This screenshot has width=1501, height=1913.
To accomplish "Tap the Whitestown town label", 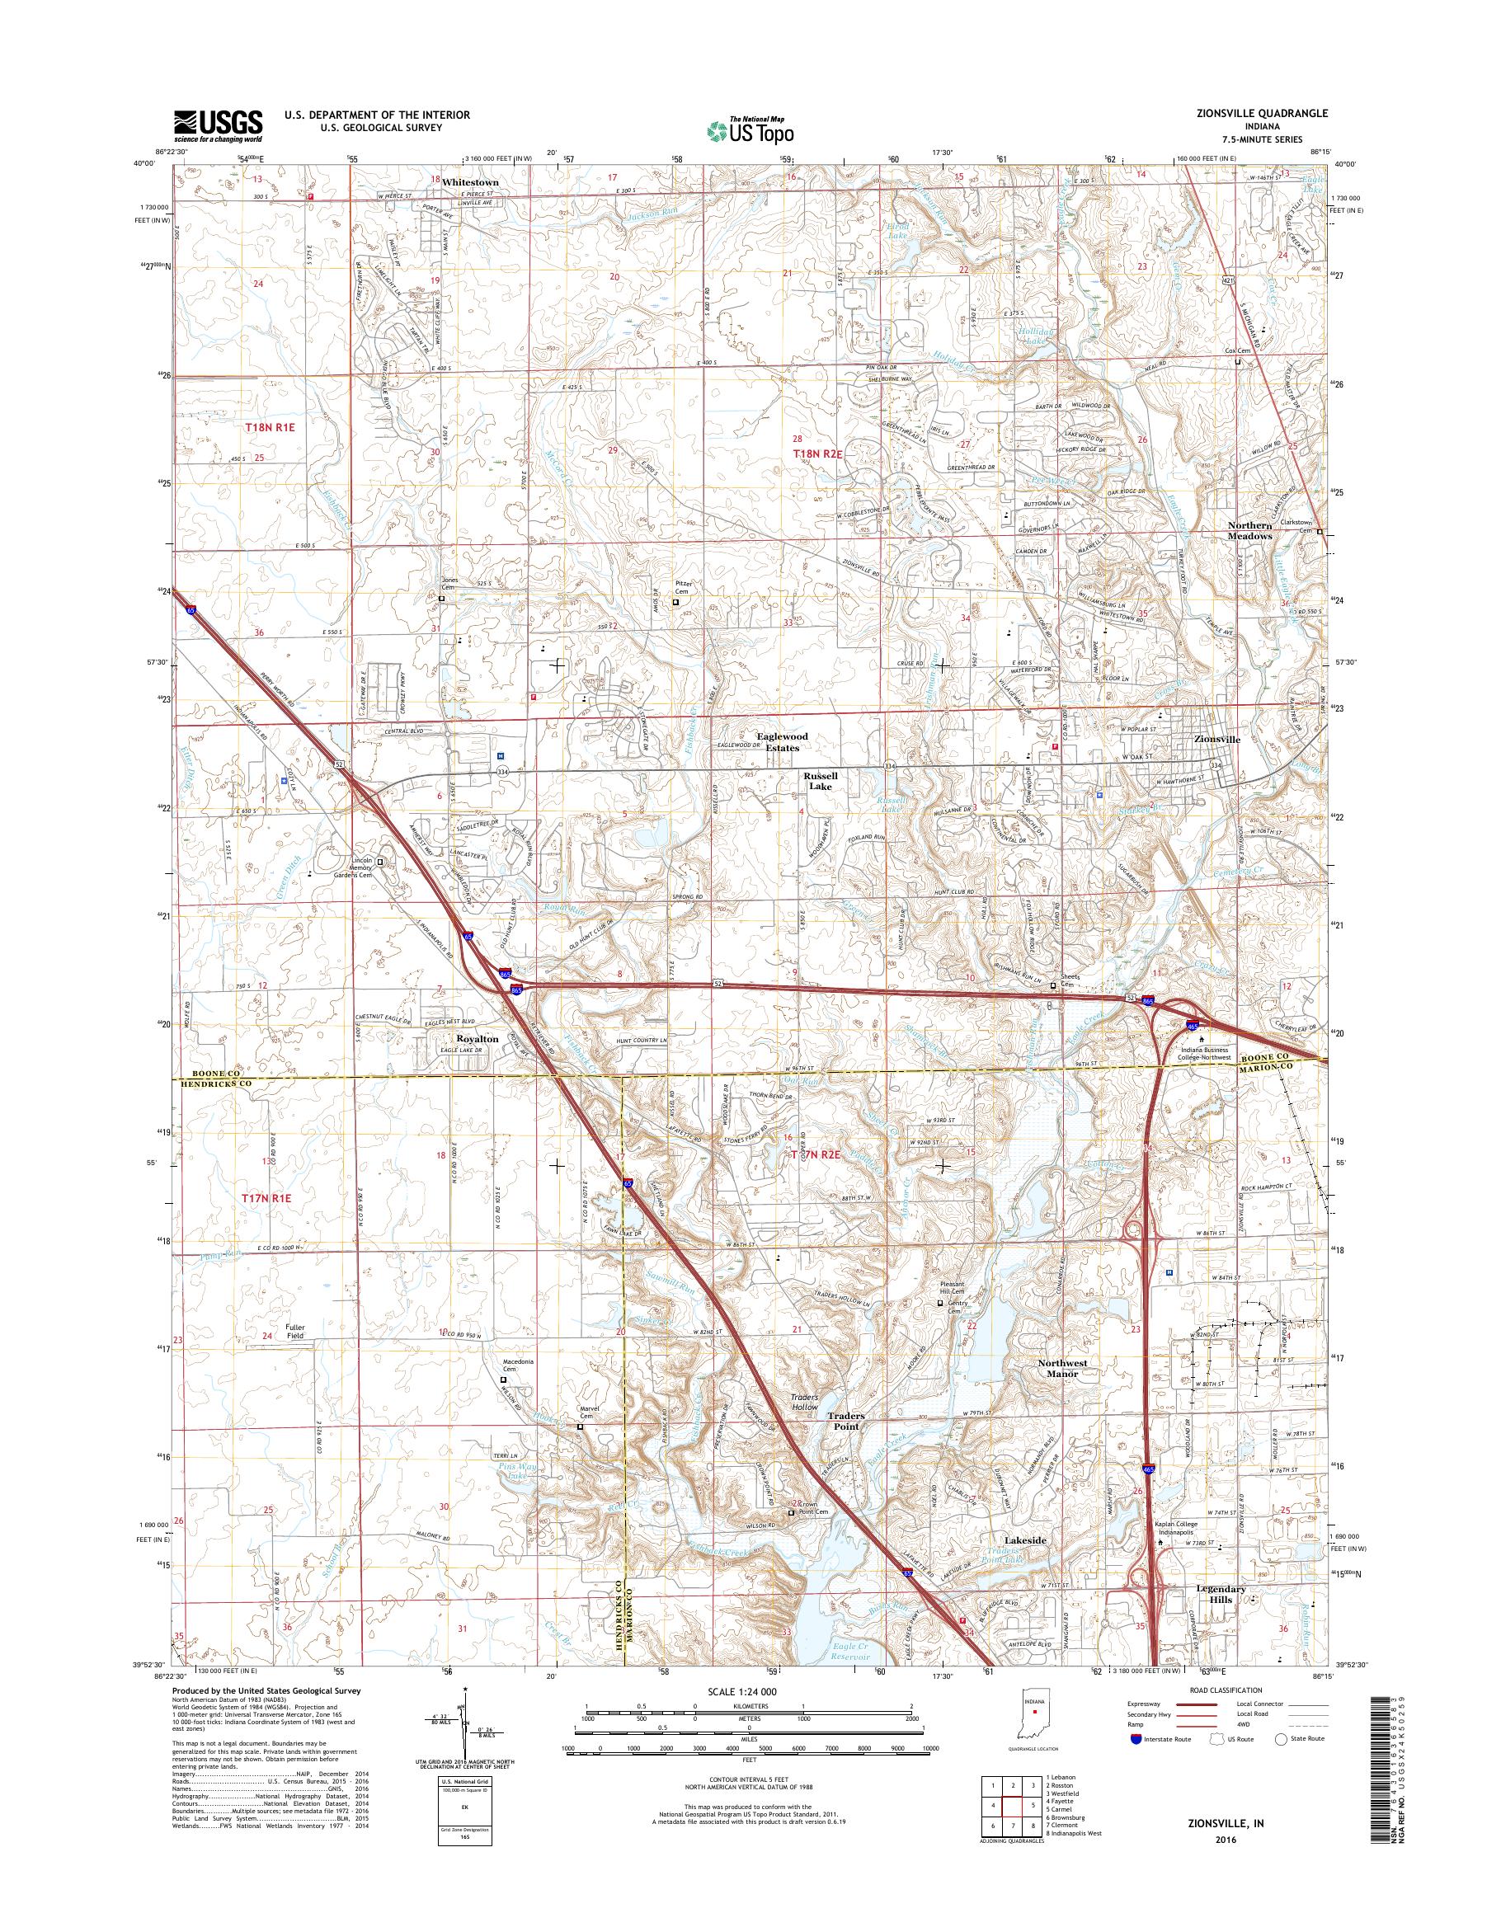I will (x=470, y=181).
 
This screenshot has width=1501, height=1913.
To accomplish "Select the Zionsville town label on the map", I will (x=1217, y=739).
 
